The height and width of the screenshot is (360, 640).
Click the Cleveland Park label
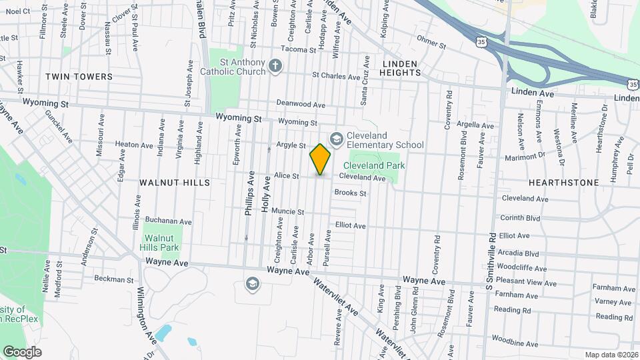pos(374,165)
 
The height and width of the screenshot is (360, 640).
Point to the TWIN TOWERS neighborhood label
pos(79,77)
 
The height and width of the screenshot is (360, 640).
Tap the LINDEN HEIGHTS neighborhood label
pos(391,69)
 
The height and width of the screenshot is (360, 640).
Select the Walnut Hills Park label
pos(163,243)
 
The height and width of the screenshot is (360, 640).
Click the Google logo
pos(22,352)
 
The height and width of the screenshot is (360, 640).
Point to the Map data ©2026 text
pos(611,355)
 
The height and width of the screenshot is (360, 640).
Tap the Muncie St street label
pos(287,212)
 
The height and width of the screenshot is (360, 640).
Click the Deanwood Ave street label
pos(301,105)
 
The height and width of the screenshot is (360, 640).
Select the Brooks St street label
pos(351,193)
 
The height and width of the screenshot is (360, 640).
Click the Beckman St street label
pos(110,279)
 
